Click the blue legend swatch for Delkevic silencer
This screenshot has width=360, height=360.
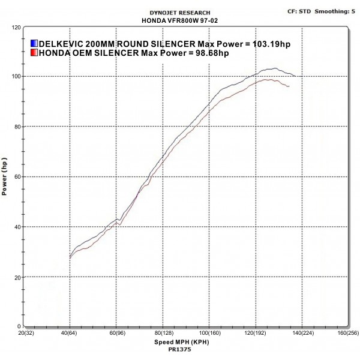tap(34, 44)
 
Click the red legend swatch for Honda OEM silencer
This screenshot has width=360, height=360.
tap(34, 53)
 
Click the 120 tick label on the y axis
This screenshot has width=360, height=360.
tap(16, 27)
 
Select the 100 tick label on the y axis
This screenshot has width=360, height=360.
tap(16, 77)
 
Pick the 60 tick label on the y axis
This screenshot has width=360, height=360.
tap(18, 177)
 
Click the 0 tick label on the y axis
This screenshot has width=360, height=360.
tap(20, 327)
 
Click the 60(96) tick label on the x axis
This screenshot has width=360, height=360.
tap(116, 332)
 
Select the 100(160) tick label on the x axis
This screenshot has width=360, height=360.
tap(208, 332)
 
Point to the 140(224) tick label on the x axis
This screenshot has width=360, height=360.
tap(300, 332)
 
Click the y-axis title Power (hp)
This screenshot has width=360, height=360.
tap(5, 177)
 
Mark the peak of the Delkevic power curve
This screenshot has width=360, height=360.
tap(275, 68)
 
